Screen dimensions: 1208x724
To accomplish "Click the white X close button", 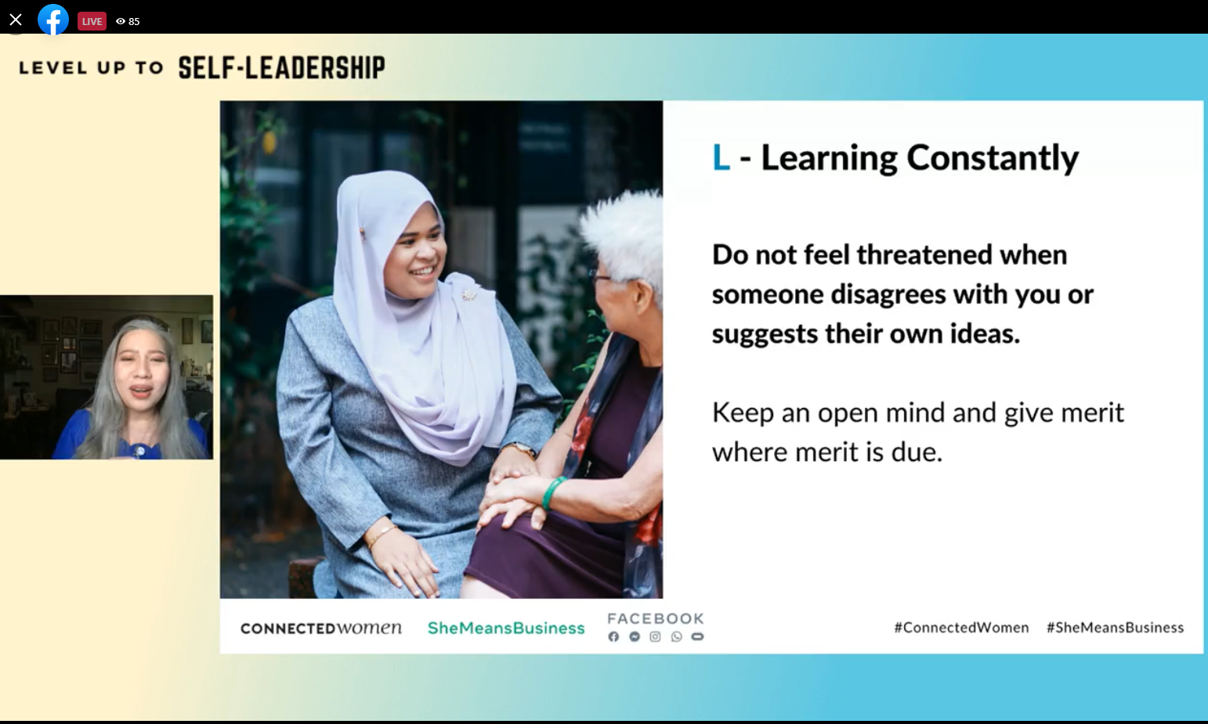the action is pos(16,20).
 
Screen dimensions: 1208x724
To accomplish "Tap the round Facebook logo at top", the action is pos(52,20).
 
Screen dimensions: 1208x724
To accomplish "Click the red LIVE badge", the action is pos(92,21).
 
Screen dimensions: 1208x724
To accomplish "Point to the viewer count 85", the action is pos(134,22).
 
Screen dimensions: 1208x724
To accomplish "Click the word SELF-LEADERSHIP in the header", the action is pos(281,68).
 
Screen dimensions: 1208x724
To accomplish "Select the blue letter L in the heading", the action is pos(721,158).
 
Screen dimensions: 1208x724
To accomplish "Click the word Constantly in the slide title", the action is pos(993,159).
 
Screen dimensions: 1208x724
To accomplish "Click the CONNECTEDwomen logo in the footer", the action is pos(321,628).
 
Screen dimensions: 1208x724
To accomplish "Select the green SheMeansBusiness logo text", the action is pos(506,628).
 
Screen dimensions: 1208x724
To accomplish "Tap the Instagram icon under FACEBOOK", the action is pos(655,637).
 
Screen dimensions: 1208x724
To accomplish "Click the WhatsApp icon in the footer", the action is pos(676,637).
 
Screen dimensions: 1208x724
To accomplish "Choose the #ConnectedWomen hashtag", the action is pos(961,628).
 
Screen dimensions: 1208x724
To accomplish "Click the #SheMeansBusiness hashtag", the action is pos(1116,628).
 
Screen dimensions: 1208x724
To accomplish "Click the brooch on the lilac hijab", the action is pos(469,294).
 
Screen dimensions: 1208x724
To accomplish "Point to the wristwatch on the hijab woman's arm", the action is pos(519,448).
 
